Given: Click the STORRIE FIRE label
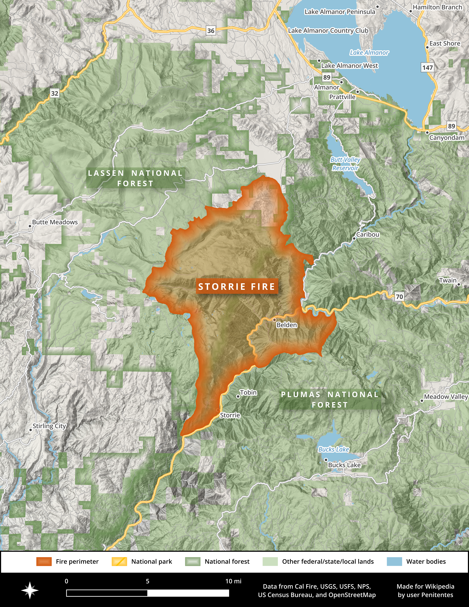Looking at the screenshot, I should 237,287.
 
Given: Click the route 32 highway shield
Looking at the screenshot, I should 55,93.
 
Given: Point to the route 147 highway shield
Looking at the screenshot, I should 427,68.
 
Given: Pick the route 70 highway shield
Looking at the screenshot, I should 399,297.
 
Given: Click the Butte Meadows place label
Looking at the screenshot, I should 55,222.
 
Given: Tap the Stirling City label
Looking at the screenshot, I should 49,426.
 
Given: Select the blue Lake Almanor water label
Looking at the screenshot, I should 369,53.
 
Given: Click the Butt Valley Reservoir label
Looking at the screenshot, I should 345,164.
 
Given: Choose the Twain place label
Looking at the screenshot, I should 448,280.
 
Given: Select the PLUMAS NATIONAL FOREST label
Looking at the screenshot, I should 330,400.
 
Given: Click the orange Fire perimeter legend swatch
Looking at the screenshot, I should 44,561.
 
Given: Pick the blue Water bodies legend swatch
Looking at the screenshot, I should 394,561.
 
